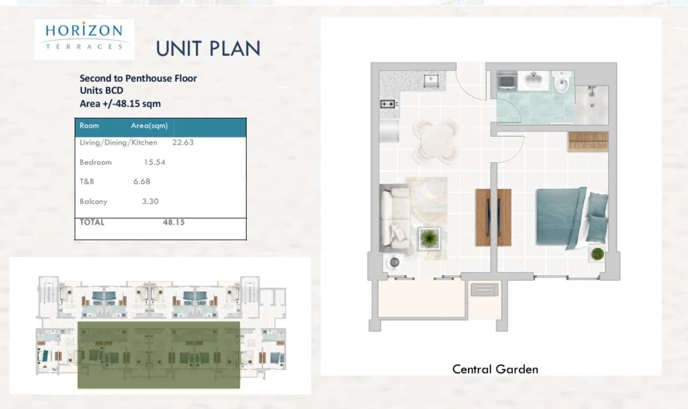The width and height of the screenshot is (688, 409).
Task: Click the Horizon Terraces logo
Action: [84, 39]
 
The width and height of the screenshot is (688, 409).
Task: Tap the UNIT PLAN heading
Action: [208, 48]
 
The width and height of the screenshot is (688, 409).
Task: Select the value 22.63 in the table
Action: [183, 143]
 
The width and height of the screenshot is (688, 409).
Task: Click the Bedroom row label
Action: [96, 162]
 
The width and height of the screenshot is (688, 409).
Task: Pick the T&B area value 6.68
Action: [142, 181]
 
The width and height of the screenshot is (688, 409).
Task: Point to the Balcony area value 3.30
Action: [150, 201]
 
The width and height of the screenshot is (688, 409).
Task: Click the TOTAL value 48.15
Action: [174, 222]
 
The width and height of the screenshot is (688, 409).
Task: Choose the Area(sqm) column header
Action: [149, 125]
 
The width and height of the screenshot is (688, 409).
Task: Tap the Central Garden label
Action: [495, 369]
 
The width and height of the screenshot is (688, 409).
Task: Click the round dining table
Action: [435, 142]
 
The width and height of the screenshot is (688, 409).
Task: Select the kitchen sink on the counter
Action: [431, 81]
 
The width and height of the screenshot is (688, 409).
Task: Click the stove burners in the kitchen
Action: [388, 104]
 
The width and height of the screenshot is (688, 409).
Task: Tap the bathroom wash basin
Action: [534, 79]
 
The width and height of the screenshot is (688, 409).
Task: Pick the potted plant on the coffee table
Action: [429, 238]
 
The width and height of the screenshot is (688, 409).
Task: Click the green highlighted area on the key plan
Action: [159, 355]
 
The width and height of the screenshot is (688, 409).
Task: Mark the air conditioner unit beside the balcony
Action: [484, 290]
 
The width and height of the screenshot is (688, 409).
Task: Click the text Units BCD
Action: [102, 90]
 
